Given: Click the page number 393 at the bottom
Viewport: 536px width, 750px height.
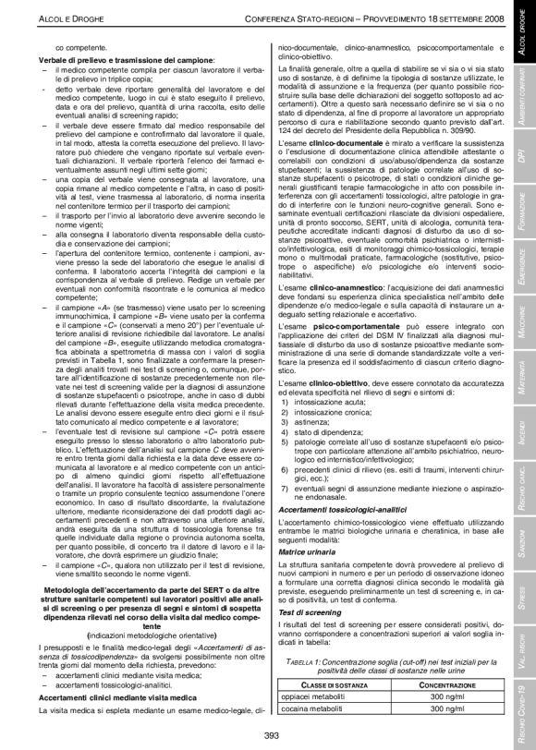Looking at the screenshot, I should click(271, 735).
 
